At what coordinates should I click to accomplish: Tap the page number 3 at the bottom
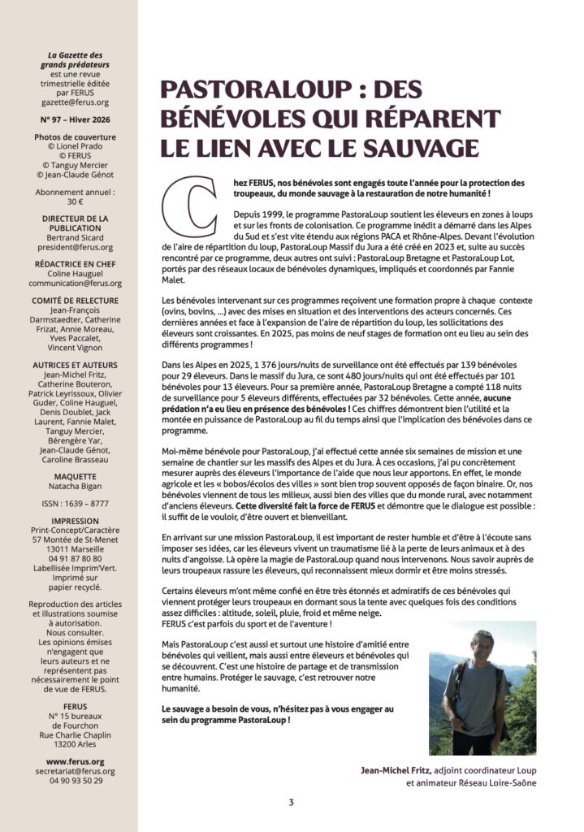click(291, 804)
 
